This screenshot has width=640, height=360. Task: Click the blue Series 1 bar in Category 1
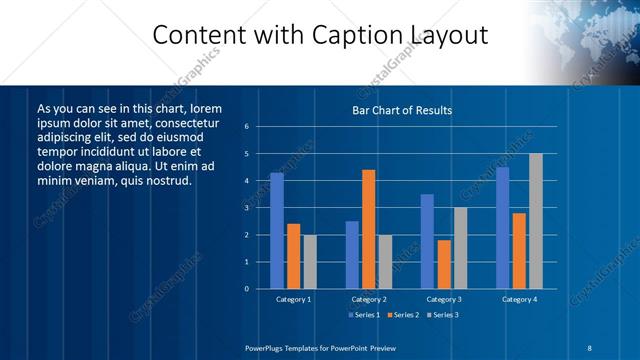[277, 231]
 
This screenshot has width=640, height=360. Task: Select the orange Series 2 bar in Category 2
[368, 229]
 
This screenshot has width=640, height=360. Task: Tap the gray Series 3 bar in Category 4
[536, 221]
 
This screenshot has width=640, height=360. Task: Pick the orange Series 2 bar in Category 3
[444, 264]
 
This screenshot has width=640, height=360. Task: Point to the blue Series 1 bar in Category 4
[503, 228]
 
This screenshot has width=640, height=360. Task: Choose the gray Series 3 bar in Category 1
[310, 262]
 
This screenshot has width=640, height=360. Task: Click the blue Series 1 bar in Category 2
[352, 255]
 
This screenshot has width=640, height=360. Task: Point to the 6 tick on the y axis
[260, 127]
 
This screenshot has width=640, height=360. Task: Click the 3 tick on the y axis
[260, 208]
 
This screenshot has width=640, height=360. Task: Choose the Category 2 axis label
[368, 299]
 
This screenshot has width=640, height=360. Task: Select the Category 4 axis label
[519, 299]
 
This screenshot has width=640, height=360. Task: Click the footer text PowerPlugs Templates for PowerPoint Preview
[321, 347]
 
